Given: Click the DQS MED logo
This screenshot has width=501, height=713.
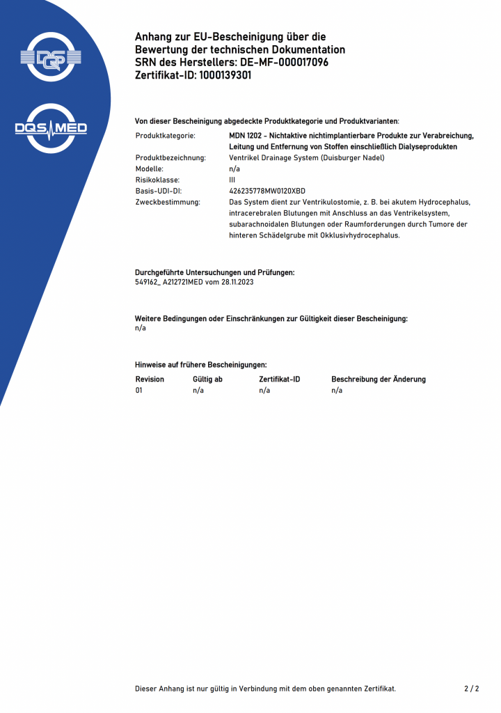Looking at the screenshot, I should tap(51, 128).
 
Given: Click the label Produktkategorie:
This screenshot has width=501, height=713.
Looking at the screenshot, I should tap(165, 136).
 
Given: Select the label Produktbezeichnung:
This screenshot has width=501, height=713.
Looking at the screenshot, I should tap(170, 158).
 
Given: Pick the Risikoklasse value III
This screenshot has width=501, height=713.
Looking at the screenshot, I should tap(232, 180).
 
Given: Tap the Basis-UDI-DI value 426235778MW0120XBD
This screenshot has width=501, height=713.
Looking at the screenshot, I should tap(267, 191).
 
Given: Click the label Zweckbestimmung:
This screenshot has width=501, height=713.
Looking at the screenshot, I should tap(168, 202).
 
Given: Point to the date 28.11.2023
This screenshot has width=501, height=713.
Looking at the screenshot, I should tap(237, 282).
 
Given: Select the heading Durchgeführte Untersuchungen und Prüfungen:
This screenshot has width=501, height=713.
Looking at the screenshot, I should tap(214, 272).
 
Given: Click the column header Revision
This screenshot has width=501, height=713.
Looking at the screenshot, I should tap(150, 379).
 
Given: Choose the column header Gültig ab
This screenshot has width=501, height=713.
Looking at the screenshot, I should tap(207, 379).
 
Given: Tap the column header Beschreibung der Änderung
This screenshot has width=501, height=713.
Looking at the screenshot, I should tap(379, 379).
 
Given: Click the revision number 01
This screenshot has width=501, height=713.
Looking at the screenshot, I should tap(139, 391).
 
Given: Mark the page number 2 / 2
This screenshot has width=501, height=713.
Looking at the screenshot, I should tap(471, 689).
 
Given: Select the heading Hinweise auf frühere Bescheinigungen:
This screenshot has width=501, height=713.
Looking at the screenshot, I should tap(200, 365).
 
